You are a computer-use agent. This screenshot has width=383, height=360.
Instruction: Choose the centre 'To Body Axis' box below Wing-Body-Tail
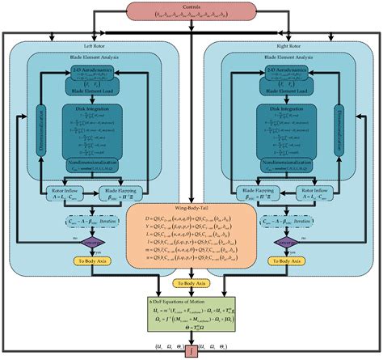(x=191, y=284)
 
